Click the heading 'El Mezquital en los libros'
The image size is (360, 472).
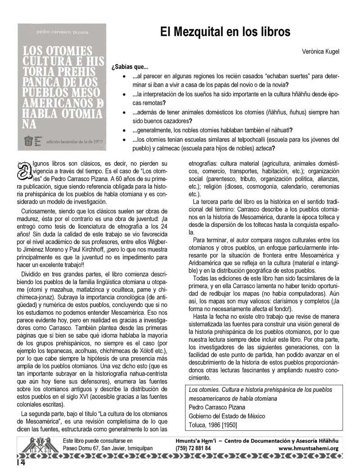click(x=225, y=32)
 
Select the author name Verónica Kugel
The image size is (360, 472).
click(x=320, y=52)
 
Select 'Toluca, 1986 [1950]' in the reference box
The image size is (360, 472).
click(x=212, y=424)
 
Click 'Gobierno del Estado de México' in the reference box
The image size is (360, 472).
click(x=226, y=416)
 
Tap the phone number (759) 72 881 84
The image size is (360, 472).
click(x=196, y=448)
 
